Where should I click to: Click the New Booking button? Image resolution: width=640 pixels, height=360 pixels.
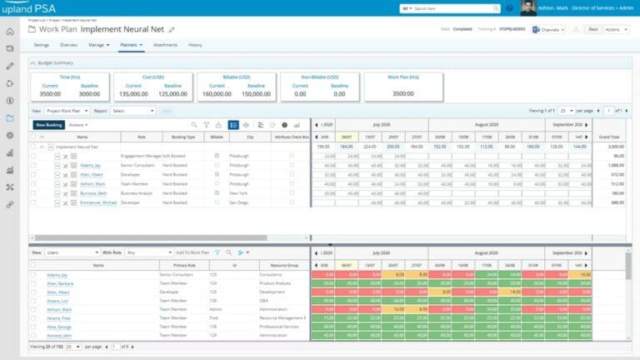click(x=49, y=124)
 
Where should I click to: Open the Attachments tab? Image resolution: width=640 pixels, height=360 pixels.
click(x=165, y=44)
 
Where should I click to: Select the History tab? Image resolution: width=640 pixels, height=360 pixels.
click(x=195, y=44)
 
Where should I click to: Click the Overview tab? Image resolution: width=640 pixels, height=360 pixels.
click(x=69, y=44)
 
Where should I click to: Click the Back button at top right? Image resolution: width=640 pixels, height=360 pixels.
click(x=593, y=28)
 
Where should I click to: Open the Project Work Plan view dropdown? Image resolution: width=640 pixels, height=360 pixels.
click(x=67, y=110)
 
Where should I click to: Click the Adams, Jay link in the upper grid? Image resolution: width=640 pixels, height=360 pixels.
click(x=90, y=165)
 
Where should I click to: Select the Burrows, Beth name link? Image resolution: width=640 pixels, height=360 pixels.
click(x=92, y=192)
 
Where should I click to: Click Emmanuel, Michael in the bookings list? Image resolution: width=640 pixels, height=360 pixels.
click(x=97, y=202)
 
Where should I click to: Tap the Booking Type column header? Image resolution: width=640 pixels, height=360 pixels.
click(x=183, y=136)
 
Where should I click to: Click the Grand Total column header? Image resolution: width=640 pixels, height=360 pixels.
click(x=609, y=136)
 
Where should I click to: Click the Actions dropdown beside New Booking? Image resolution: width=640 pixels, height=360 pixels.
click(x=80, y=124)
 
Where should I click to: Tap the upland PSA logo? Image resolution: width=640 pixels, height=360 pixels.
click(x=34, y=9)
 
